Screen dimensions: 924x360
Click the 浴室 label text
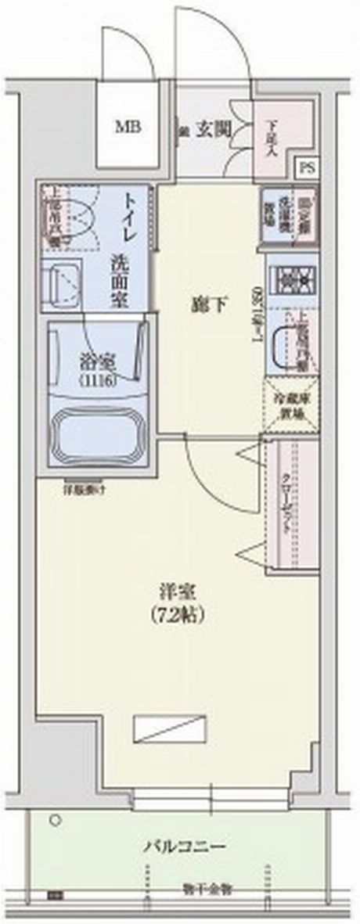pos(98,364)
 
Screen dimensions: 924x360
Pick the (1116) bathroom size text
pos(98,381)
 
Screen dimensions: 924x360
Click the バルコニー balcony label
pos(185,846)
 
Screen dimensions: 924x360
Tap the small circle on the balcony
pos(56,821)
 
